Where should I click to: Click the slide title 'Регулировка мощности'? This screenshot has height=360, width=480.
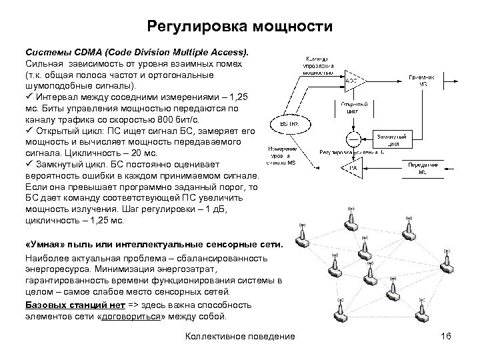tap(239, 27)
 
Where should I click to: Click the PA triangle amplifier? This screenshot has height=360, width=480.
tap(353, 167)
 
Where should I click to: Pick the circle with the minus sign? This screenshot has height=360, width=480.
tap(353, 138)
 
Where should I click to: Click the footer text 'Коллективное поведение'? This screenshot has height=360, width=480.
tap(239, 337)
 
